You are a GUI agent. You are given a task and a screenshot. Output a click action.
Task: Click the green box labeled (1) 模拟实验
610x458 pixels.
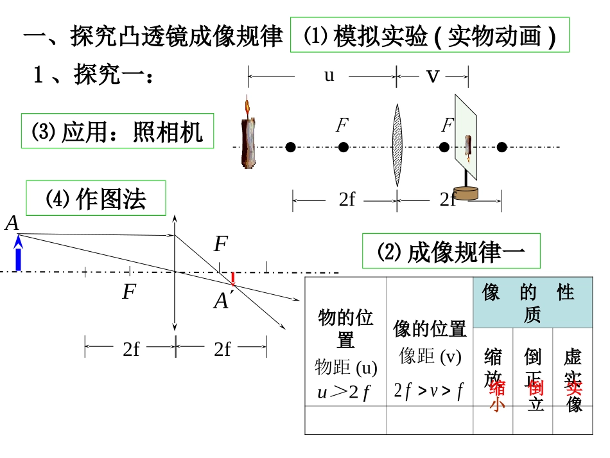click(x=430, y=36)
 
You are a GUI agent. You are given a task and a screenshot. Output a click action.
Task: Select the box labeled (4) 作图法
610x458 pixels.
click(x=96, y=198)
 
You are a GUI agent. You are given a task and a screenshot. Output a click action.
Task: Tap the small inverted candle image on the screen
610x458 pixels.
click(x=468, y=148)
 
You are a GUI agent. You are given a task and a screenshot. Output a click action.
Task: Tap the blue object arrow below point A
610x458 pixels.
click(x=18, y=254)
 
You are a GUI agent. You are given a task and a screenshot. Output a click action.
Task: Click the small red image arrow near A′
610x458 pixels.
click(x=233, y=278)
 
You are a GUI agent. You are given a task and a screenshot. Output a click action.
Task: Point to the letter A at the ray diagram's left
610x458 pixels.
click(x=12, y=224)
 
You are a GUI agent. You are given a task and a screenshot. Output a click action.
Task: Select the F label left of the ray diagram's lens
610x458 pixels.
click(x=129, y=292)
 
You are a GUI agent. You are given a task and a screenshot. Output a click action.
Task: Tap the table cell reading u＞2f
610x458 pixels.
click(x=345, y=392)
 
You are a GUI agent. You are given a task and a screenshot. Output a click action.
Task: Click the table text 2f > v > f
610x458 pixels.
click(x=429, y=391)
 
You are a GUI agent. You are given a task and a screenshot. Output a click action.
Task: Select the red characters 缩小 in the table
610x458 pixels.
click(x=497, y=396)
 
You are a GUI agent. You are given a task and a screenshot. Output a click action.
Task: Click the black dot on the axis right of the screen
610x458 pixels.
click(x=502, y=148)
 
